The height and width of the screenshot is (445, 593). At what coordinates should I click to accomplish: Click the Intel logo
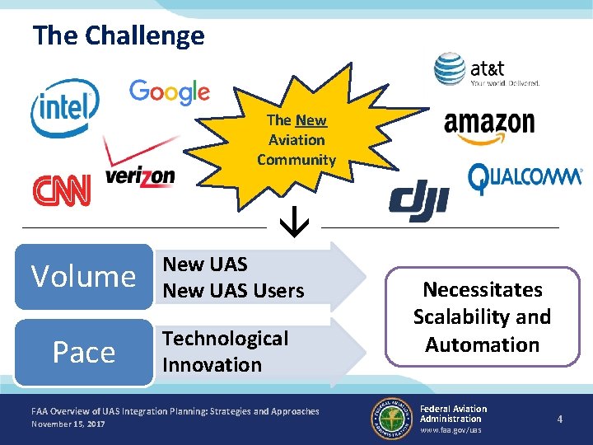click(x=64, y=107)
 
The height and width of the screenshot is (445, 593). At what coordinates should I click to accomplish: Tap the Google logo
click(x=169, y=92)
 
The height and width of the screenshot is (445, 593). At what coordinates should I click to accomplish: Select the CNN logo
click(x=61, y=190)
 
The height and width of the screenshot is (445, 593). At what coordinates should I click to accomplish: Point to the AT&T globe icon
click(x=450, y=70)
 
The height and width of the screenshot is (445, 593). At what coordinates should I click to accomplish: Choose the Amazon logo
click(x=488, y=126)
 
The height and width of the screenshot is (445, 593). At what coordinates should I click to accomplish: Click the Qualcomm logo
click(x=525, y=178)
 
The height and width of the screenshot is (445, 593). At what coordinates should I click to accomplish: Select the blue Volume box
click(x=83, y=276)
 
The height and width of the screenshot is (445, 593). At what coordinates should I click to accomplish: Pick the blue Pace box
click(x=83, y=352)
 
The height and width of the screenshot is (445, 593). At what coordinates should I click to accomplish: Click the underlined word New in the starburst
click(x=311, y=120)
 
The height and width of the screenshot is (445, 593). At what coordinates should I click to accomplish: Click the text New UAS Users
click(x=233, y=290)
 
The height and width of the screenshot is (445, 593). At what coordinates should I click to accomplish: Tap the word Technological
click(x=225, y=339)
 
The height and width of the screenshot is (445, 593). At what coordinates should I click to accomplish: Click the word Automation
click(x=482, y=344)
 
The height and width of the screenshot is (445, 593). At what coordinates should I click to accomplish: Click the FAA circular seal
click(x=390, y=417)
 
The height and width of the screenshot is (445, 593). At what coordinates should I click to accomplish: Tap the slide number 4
click(x=560, y=419)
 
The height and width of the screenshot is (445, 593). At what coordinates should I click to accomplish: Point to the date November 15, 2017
click(x=68, y=424)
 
